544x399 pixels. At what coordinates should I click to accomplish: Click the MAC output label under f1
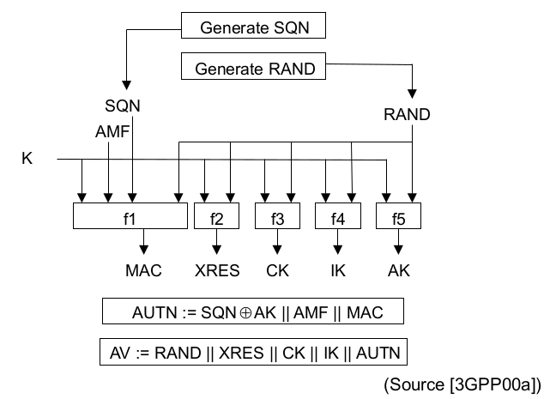pos(144,271)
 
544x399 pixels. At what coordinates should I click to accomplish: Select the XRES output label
pos(216,271)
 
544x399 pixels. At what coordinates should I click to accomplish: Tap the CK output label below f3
pos(277,271)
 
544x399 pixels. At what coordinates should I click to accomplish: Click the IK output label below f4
pos(338,271)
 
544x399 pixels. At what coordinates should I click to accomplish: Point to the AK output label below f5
pos(399,271)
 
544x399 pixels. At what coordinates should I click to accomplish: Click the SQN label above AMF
pos(122,107)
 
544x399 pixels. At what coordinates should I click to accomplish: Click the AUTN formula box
pos(252,312)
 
